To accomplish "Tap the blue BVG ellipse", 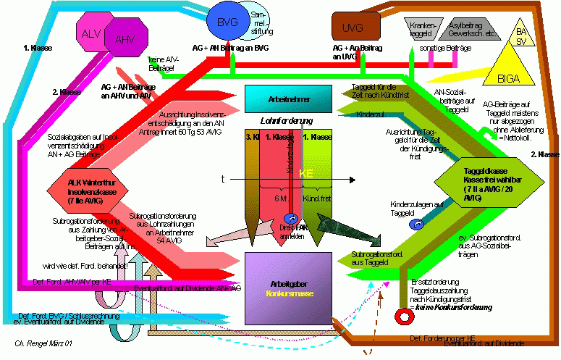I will (x=227, y=23).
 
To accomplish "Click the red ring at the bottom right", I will (x=400, y=317).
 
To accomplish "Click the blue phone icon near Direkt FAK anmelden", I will (x=290, y=217).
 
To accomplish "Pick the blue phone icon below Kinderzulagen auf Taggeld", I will (x=417, y=225).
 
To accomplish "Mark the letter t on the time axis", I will (x=222, y=178).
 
